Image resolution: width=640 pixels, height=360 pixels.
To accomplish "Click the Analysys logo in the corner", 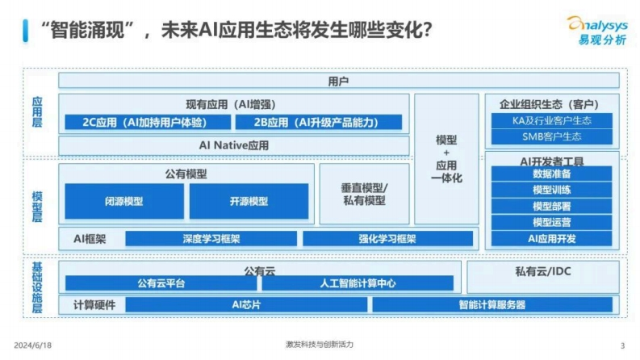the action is [x=597, y=30].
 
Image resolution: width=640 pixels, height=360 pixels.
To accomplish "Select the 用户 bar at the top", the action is [x=339, y=81].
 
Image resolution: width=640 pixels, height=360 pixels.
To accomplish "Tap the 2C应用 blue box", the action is [x=148, y=122].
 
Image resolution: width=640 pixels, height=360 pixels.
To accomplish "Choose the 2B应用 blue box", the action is [x=319, y=122].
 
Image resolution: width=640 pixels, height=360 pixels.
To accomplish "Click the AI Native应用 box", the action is [x=234, y=145].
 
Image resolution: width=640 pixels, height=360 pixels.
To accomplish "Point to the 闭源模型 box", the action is [x=124, y=201].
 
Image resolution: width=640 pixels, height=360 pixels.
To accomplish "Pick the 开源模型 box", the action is [x=249, y=201].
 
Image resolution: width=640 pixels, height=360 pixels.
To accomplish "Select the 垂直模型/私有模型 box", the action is [x=365, y=194].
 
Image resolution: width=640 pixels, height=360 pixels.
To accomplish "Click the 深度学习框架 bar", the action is [x=211, y=239].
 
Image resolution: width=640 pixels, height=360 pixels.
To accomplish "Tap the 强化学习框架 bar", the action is [x=387, y=239].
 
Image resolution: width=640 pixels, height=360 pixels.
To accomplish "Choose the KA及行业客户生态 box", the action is [x=552, y=121].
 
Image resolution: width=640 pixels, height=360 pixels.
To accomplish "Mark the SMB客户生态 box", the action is [x=552, y=136].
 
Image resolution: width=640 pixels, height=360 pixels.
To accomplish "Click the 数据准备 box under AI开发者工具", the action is [x=552, y=174].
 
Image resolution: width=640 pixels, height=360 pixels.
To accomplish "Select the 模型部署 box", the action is [x=552, y=206].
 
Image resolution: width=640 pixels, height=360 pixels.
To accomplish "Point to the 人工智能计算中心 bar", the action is [x=358, y=283].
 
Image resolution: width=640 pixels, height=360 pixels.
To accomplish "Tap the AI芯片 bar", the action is [x=246, y=304].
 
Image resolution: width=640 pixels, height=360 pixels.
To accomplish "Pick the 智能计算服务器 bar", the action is [x=492, y=304].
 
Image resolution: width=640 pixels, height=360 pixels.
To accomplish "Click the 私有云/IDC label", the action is [x=543, y=271].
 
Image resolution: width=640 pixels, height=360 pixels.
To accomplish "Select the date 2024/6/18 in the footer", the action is [x=32, y=345].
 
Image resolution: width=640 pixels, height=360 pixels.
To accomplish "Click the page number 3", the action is [x=622, y=345].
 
